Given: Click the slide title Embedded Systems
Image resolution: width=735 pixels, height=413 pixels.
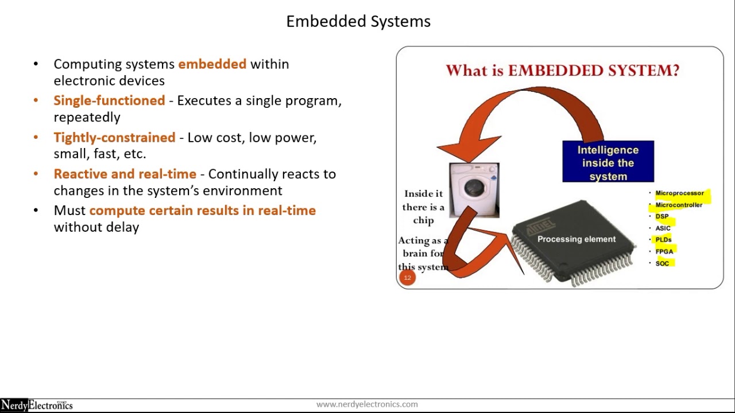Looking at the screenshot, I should (358, 22).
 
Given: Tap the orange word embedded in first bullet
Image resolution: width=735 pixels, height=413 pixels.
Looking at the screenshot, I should (212, 64).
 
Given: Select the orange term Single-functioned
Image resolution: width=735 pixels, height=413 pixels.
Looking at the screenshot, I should (109, 101).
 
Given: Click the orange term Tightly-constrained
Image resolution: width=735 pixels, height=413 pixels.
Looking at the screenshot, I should (114, 138).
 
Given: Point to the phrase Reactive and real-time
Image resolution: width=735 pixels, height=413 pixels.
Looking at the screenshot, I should (125, 174).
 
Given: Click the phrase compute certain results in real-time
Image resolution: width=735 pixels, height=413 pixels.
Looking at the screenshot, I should (202, 211).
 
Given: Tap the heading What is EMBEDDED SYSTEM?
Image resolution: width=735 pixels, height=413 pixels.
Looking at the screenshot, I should (562, 71).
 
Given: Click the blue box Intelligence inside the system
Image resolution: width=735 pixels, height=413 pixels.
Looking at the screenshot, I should (608, 162).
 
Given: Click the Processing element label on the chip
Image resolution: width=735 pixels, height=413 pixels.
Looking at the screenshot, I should (576, 239).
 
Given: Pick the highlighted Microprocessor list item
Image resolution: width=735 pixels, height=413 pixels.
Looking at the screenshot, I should (679, 193).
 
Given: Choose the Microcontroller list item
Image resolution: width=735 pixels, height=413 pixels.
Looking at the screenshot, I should (679, 205).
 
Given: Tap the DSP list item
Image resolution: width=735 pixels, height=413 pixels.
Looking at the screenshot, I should (662, 216).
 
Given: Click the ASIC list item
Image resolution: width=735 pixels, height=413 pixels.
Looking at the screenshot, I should (663, 228).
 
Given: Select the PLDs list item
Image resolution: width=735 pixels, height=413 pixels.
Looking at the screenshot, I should (663, 240).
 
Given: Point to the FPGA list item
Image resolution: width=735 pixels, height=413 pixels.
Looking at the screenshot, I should (664, 251).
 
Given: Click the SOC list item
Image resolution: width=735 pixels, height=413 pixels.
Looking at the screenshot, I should (662, 263).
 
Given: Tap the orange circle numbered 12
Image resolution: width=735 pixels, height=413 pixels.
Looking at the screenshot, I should (407, 278).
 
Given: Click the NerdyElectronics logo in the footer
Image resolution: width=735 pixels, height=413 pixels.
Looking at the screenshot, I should (37, 406).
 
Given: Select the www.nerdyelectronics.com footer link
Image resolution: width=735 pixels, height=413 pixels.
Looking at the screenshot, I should (367, 404).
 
